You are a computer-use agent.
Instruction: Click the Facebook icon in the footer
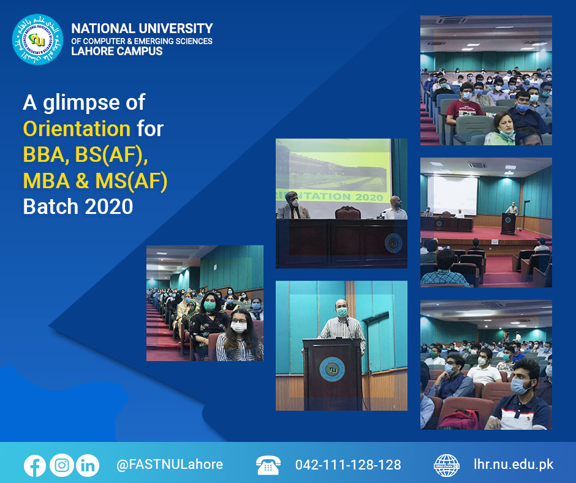point(35,465)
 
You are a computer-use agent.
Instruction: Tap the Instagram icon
point(61,465)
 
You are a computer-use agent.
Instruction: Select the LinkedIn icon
point(88,465)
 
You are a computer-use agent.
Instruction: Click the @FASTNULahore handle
point(169,465)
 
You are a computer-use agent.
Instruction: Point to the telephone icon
point(268,465)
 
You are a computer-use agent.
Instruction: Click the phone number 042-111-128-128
point(348,465)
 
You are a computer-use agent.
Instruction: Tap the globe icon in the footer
point(446,465)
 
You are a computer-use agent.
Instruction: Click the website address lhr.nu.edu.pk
point(513,465)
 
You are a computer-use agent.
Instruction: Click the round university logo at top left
point(37,40)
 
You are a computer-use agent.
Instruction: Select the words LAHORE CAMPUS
point(117,51)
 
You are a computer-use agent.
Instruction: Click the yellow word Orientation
point(77,129)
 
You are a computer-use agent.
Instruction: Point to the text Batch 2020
point(78,207)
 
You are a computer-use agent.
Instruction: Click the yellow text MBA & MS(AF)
point(95,181)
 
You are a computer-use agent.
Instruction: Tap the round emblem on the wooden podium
point(332,369)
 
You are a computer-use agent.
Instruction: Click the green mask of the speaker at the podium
point(342,312)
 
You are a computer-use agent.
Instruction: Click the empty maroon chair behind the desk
point(347,213)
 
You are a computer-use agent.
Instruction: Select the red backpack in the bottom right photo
point(460,419)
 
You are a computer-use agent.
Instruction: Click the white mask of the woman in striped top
point(238,327)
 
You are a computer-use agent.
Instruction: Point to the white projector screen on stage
point(452,196)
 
